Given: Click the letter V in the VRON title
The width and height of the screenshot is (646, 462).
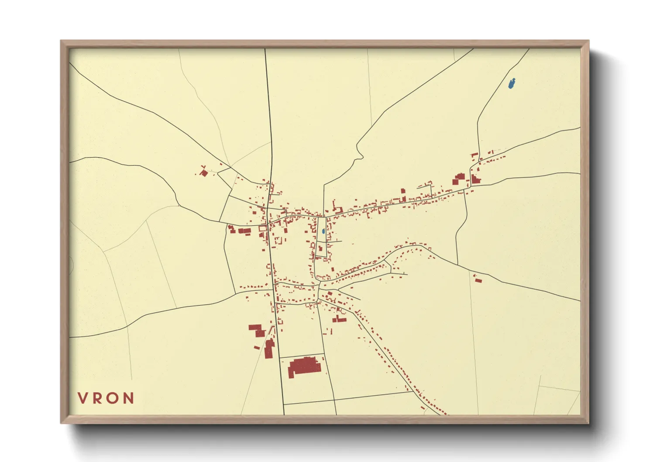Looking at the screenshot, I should tap(83, 398).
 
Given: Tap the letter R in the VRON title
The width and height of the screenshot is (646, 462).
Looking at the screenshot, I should tap(98, 398).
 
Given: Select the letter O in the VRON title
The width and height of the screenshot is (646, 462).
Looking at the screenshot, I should tap(113, 398).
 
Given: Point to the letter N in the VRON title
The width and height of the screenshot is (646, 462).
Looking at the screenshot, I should tap(128, 398).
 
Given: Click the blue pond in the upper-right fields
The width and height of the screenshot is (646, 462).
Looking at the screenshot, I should tap(512, 83).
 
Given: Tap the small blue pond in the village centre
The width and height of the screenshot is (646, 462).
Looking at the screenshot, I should tap(323, 231).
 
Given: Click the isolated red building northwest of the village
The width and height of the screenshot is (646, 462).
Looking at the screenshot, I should tap(203, 173).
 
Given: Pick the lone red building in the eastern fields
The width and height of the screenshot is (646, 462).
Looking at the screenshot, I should tap(479, 280).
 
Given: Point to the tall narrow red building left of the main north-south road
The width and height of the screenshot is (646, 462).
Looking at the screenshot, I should tap(269, 348).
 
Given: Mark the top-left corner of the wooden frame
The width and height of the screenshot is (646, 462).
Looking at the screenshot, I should tap(62, 41).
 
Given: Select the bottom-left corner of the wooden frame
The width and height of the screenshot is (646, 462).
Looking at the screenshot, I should tap(62, 423).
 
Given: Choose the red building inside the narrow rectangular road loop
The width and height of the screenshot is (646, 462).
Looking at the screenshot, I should tap(320, 248).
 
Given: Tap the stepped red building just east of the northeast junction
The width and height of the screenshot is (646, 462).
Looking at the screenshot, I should tap(475, 179).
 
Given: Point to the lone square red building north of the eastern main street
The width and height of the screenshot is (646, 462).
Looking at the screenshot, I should tap(403, 192).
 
